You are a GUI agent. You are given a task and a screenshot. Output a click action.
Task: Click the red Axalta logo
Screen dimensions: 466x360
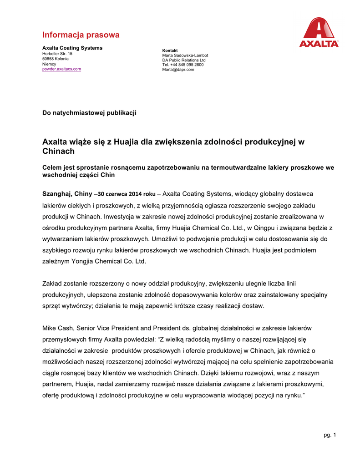point(319,32)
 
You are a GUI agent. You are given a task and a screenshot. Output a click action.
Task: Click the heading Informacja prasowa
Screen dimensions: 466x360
point(81,35)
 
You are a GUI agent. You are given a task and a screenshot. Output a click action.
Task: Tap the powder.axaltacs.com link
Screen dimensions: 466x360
point(61,69)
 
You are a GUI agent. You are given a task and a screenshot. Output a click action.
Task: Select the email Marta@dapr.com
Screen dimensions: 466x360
point(178,70)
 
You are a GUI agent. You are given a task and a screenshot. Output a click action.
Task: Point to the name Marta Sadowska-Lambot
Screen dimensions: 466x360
point(185,55)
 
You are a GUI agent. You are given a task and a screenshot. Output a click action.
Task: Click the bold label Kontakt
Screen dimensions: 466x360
point(170,50)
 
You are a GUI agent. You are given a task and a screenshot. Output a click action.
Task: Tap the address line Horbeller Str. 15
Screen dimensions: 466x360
point(57,54)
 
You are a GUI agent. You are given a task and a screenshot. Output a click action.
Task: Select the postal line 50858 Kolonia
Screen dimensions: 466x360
point(56,59)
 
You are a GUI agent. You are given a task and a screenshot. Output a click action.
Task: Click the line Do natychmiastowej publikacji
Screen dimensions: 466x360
point(89,113)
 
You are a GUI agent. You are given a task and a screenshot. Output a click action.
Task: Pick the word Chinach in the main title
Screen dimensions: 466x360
point(58,151)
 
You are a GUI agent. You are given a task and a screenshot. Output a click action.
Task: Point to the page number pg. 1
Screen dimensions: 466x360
point(330,436)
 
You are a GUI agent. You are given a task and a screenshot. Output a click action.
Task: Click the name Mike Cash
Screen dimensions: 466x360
point(58,328)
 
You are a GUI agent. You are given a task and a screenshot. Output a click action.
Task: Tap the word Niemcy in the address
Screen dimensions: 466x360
point(49,64)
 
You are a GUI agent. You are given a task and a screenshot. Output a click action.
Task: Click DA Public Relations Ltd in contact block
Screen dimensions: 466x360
point(184,60)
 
